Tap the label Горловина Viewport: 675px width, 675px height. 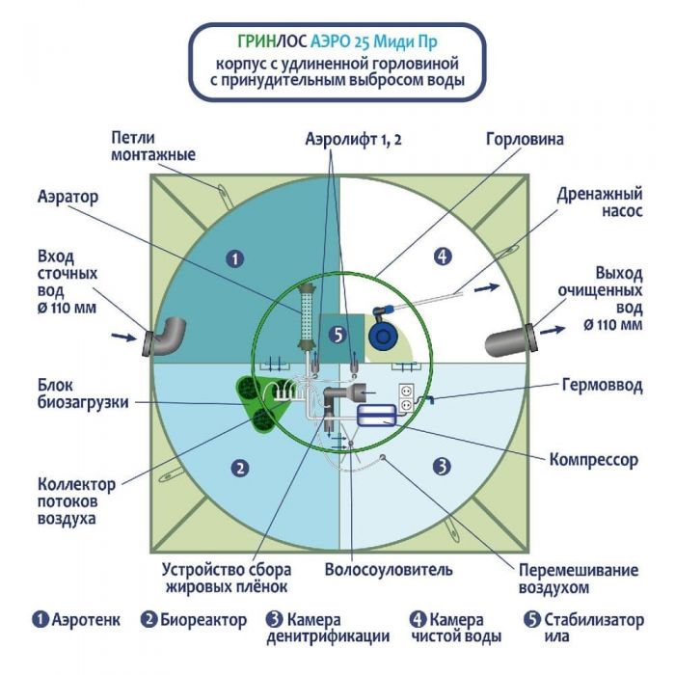click(525, 140)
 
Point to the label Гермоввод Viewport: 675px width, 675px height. click(600, 384)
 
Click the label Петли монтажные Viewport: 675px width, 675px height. click(153, 147)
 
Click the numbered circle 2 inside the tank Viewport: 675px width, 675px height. click(240, 468)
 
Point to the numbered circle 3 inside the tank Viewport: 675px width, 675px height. click(442, 467)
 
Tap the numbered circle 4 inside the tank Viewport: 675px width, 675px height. click(442, 256)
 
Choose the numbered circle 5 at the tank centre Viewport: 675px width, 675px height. click(337, 335)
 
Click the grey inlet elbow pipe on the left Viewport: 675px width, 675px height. click(169, 337)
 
